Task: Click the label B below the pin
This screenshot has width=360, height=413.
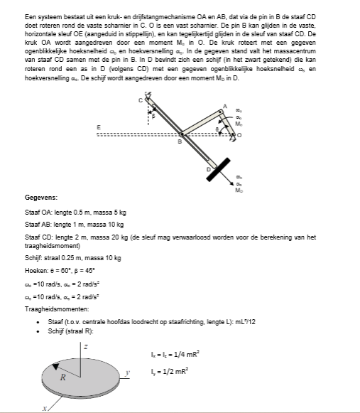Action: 179,142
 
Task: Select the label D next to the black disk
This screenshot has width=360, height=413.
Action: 209,169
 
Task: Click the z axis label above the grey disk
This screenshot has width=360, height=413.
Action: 86,345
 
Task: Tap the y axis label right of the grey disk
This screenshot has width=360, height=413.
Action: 129,372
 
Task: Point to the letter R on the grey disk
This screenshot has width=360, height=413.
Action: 62,377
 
